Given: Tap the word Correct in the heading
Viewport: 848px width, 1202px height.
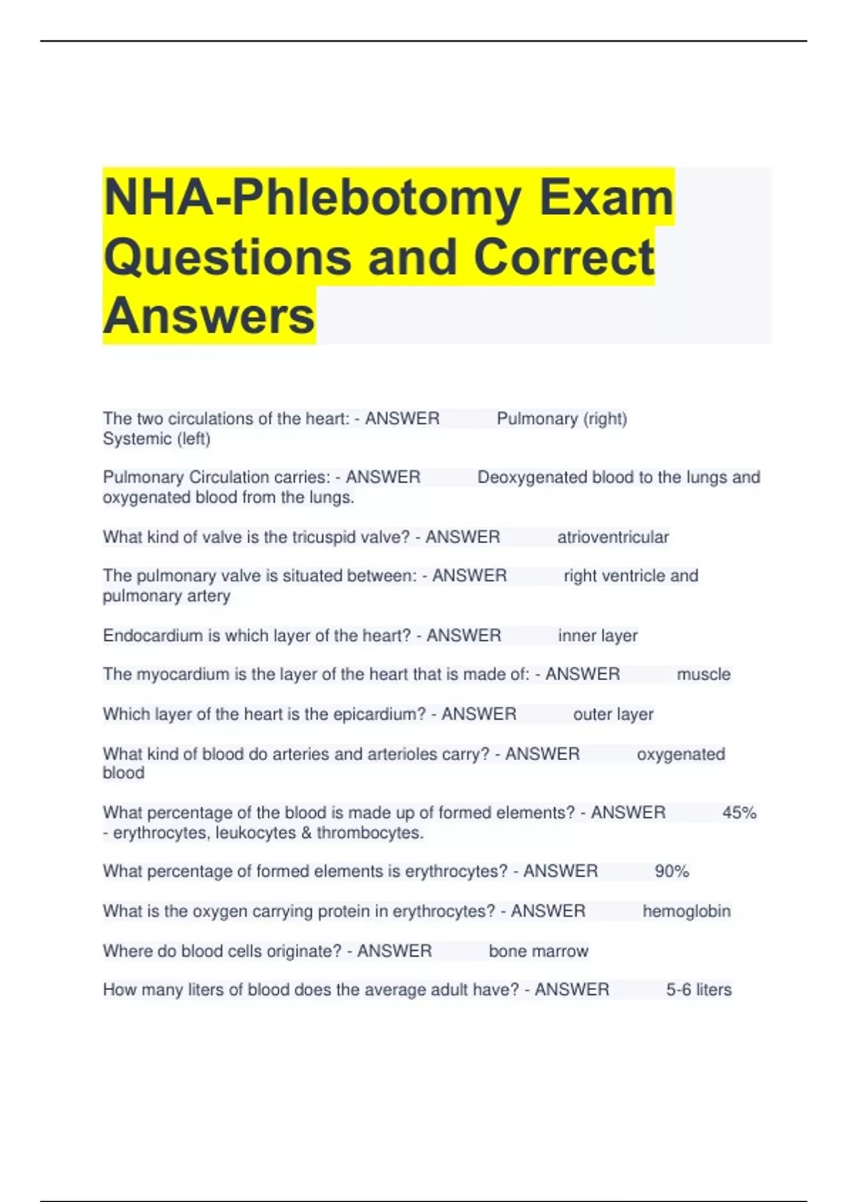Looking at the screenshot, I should click(x=563, y=257).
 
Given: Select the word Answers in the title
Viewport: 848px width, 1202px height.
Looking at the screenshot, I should click(x=208, y=315).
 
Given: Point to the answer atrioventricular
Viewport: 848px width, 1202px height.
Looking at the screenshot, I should click(x=613, y=537).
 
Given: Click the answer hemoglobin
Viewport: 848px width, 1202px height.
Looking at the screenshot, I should click(x=686, y=911).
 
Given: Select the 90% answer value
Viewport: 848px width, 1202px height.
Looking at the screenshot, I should click(x=671, y=871).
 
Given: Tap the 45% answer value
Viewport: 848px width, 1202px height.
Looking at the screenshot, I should click(x=739, y=813).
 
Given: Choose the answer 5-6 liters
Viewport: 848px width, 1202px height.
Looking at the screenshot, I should click(x=698, y=990).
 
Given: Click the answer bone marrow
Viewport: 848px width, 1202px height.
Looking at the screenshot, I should click(x=538, y=951).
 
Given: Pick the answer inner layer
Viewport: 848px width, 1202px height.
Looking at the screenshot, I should click(x=598, y=636).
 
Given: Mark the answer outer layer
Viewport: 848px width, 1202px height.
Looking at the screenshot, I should click(x=613, y=714).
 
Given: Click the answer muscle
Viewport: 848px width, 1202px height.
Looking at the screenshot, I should click(x=703, y=675).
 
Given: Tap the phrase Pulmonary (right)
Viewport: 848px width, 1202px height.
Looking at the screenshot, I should click(x=562, y=419).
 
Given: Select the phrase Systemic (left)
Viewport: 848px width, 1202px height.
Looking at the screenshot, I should click(x=156, y=439).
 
